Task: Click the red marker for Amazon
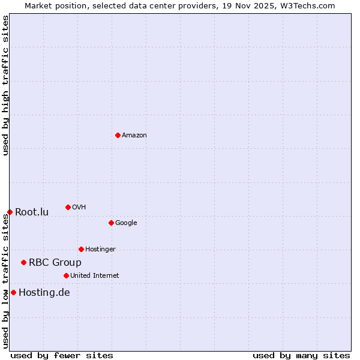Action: click(x=118, y=135)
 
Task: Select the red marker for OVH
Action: click(x=68, y=207)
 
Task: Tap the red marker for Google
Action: click(x=111, y=223)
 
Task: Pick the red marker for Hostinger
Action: click(x=81, y=249)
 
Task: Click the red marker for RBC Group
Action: click(x=23, y=262)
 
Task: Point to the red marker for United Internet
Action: click(x=66, y=275)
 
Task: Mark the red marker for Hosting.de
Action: click(x=13, y=292)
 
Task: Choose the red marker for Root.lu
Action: click(x=10, y=212)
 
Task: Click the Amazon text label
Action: click(x=134, y=135)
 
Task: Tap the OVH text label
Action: click(x=79, y=207)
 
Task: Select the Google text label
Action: click(x=126, y=223)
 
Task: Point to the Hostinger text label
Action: click(x=100, y=249)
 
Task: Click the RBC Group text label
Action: click(x=55, y=262)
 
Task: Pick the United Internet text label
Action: click(x=95, y=275)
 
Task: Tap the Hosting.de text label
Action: click(x=44, y=292)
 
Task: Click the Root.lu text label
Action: click(x=32, y=212)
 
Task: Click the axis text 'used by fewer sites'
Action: click(x=62, y=355)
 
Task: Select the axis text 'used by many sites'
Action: click(x=301, y=355)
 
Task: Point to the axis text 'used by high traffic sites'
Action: click(x=5, y=85)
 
